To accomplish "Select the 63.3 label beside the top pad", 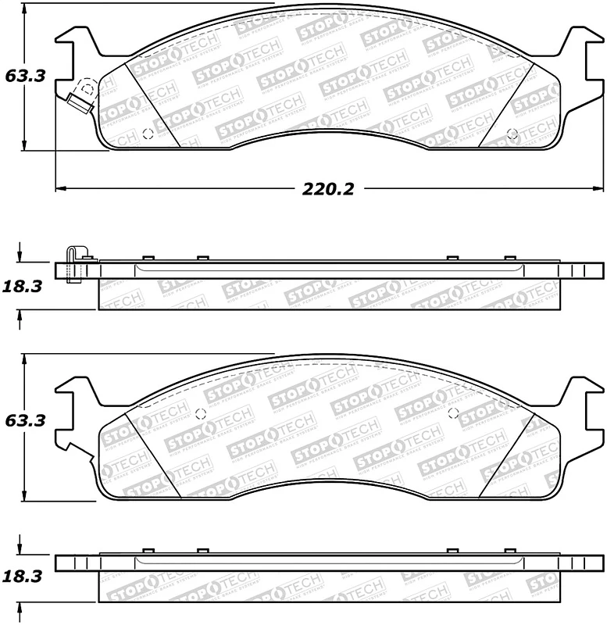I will click(26, 76).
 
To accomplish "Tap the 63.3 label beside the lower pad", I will click(26, 420).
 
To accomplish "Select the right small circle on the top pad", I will click(512, 133).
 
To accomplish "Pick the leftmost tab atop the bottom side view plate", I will click(146, 551).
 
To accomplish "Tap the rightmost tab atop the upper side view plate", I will click(510, 258).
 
